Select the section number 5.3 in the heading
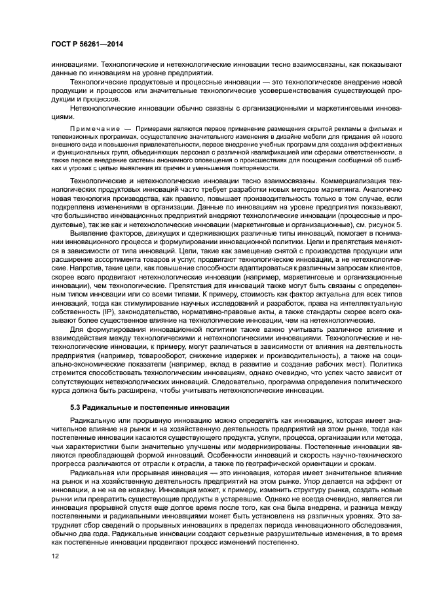76,406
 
